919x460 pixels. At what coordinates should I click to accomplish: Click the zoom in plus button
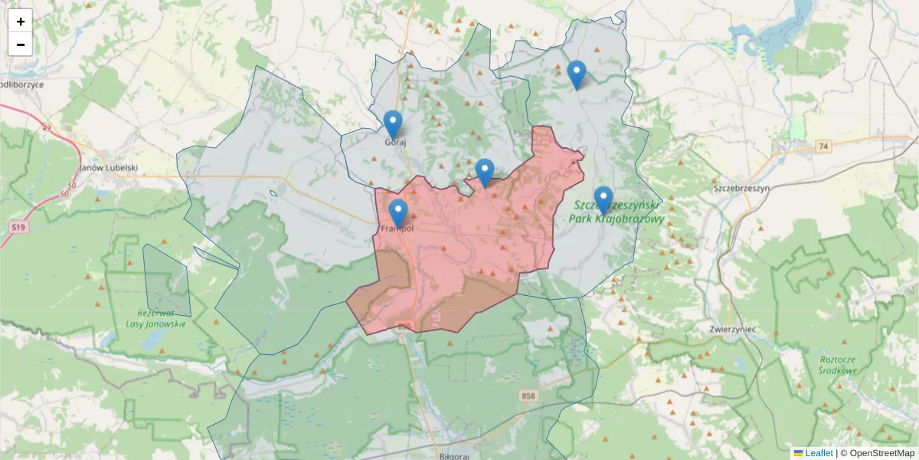pyautogui.click(x=21, y=21)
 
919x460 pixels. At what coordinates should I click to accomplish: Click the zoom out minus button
pyautogui.click(x=21, y=44)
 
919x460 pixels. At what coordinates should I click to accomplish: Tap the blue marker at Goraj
pyautogui.click(x=392, y=124)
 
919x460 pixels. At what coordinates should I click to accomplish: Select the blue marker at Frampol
pyautogui.click(x=398, y=213)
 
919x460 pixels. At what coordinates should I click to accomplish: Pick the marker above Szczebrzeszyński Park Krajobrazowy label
pyautogui.click(x=603, y=200)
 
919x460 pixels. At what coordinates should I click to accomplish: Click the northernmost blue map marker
pyautogui.click(x=577, y=74)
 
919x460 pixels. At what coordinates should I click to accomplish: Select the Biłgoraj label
pyautogui.click(x=449, y=455)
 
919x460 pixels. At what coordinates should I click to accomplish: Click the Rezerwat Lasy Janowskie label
pyautogui.click(x=157, y=318)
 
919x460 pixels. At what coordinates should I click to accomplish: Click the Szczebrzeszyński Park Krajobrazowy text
pyautogui.click(x=617, y=212)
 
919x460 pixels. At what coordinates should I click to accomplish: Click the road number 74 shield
pyautogui.click(x=823, y=146)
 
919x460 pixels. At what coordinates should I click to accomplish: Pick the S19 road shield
pyautogui.click(x=18, y=228)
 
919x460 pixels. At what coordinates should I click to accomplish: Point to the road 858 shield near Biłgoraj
pyautogui.click(x=528, y=396)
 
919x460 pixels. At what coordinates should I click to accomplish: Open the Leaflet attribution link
pyautogui.click(x=818, y=453)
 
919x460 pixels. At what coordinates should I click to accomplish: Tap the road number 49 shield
pyautogui.click(x=47, y=128)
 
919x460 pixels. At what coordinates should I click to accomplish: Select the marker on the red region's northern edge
pyautogui.click(x=484, y=172)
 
